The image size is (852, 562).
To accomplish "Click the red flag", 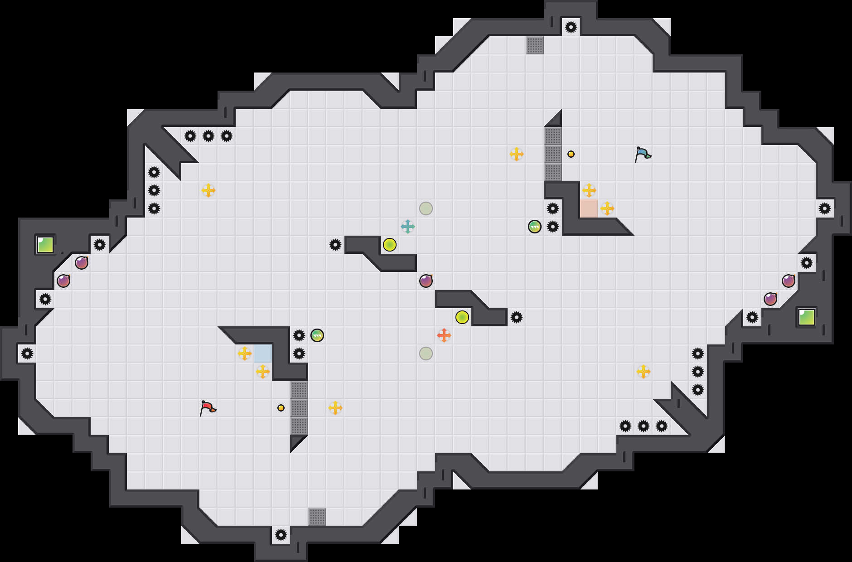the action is pyautogui.click(x=208, y=407).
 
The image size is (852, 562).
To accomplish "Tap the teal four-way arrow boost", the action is pyautogui.click(x=408, y=227).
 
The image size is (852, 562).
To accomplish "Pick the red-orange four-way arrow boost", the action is pyautogui.click(x=444, y=335).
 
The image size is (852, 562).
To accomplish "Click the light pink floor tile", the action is pyautogui.click(x=589, y=208).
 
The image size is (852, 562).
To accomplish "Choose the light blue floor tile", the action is pyautogui.click(x=263, y=354).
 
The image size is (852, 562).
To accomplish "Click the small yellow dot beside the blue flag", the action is pyautogui.click(x=571, y=154).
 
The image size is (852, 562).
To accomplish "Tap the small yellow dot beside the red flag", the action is pyautogui.click(x=281, y=408).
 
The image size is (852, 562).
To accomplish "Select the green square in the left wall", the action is pyautogui.click(x=45, y=245).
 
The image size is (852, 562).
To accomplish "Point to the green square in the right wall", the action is pyautogui.click(x=807, y=317).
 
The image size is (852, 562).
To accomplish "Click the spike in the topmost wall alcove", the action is pyautogui.click(x=571, y=27).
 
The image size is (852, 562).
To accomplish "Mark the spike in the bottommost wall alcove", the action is pyautogui.click(x=281, y=535).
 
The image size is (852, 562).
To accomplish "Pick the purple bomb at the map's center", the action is pyautogui.click(x=426, y=281).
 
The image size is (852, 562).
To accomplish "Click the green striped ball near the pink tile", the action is pyautogui.click(x=535, y=227).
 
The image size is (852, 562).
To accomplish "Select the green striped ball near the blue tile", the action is pyautogui.click(x=317, y=335).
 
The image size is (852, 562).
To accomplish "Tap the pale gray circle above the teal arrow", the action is pyautogui.click(x=426, y=208).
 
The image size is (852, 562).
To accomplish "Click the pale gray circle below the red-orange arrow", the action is pyautogui.click(x=426, y=354).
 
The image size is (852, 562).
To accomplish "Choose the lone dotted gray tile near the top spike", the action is pyautogui.click(x=535, y=45).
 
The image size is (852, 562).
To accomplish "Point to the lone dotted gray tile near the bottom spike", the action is pyautogui.click(x=317, y=517).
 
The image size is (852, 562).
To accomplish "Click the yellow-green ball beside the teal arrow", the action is pyautogui.click(x=390, y=245).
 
